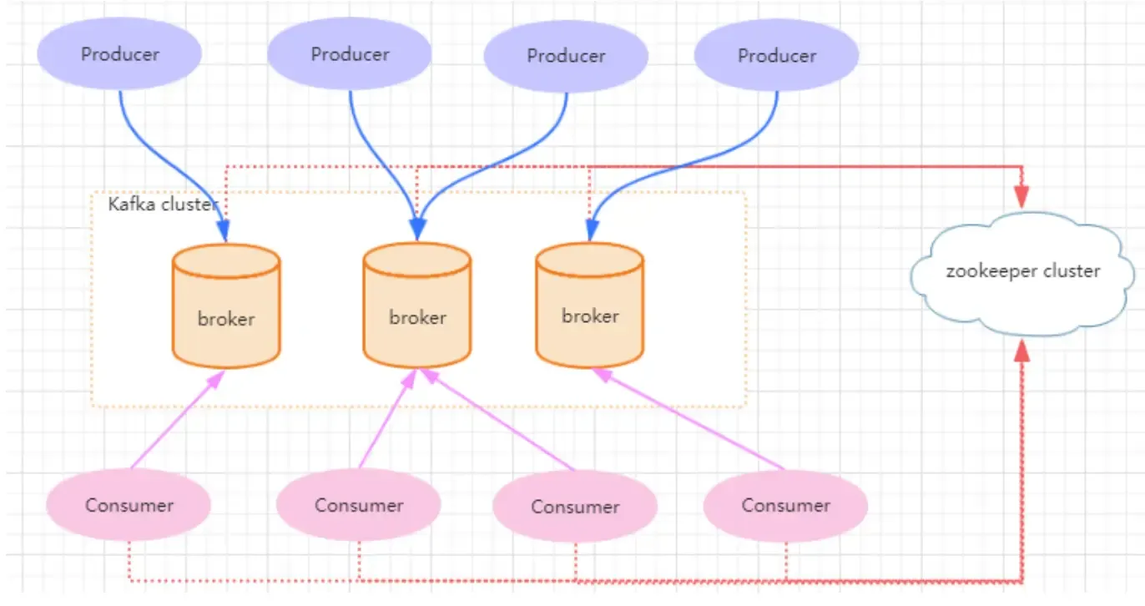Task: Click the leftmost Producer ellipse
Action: tap(120, 54)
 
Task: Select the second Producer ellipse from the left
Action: tap(350, 54)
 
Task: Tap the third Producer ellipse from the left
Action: tap(566, 56)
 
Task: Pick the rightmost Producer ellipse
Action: tap(776, 56)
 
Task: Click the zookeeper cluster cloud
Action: tap(1023, 271)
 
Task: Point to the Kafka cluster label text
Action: tap(163, 204)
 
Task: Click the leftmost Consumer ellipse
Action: tap(129, 505)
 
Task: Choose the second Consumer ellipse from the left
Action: tap(359, 505)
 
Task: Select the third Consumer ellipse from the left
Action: tap(575, 507)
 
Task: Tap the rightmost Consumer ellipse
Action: tap(785, 505)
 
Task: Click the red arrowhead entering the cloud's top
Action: tap(1021, 197)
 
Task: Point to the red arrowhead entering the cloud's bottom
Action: tap(1021, 351)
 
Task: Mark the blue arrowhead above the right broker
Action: tap(592, 230)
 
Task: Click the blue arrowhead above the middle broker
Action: tap(418, 228)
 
